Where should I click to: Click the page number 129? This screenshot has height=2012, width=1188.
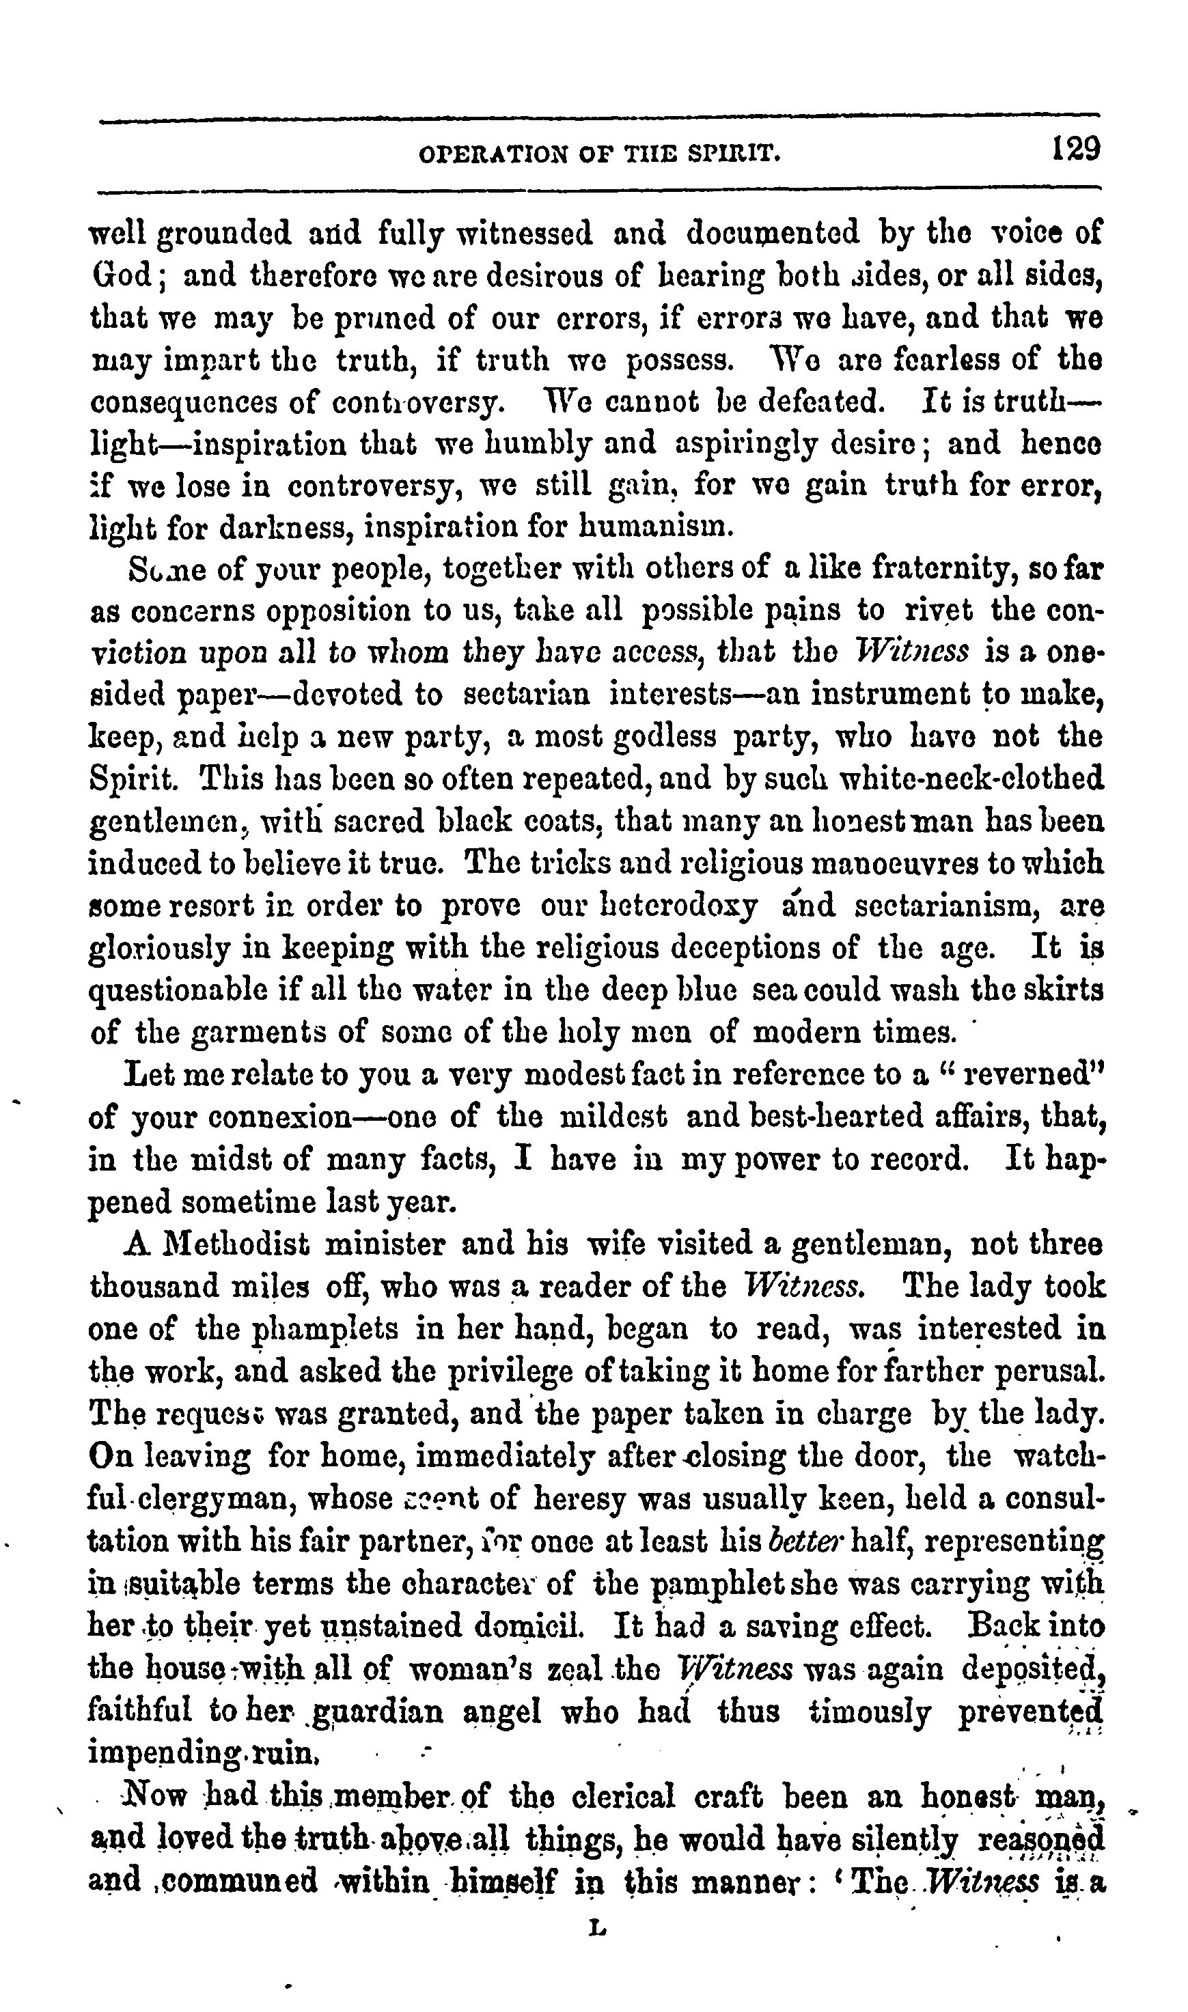tap(1077, 149)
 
